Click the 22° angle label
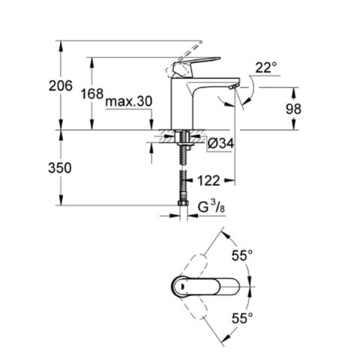click(265, 67)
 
